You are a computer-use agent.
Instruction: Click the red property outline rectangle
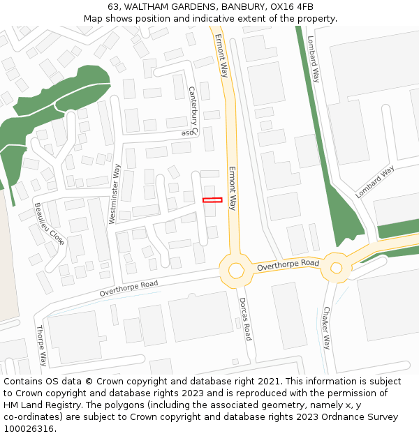[212, 200]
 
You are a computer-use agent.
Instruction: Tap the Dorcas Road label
[244, 320]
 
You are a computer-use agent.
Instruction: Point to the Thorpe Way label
[41, 345]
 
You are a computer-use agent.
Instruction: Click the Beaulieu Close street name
[49, 224]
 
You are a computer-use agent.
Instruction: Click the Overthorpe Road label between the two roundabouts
[288, 265]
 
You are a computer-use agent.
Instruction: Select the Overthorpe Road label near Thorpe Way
[128, 288]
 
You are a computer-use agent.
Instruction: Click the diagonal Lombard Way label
[375, 181]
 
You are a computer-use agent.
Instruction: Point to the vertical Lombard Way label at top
[314, 60]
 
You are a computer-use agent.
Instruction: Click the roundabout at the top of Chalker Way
[337, 267]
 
